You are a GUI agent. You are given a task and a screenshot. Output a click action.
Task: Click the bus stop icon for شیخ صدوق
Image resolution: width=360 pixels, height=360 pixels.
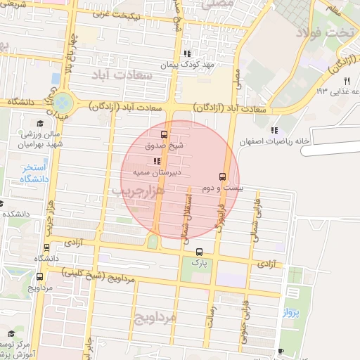[164, 134]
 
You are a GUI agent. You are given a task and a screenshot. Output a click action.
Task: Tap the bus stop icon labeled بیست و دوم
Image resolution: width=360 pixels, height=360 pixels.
[223, 176]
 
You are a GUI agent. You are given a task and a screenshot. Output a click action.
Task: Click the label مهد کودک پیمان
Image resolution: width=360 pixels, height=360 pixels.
[186, 65]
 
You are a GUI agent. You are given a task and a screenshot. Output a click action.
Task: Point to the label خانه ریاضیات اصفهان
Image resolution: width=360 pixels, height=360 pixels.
[274, 141]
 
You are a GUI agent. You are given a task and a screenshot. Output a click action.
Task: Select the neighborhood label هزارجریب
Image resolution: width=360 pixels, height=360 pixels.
[137, 191]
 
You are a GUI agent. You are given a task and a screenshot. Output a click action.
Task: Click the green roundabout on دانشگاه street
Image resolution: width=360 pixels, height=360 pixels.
[63, 103]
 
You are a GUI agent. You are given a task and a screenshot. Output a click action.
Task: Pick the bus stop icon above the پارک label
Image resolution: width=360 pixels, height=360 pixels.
[199, 251]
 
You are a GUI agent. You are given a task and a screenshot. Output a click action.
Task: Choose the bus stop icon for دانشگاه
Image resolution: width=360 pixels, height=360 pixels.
[46, 247]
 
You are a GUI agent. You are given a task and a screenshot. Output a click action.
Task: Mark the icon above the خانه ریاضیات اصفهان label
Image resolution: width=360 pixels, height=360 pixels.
[274, 130]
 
